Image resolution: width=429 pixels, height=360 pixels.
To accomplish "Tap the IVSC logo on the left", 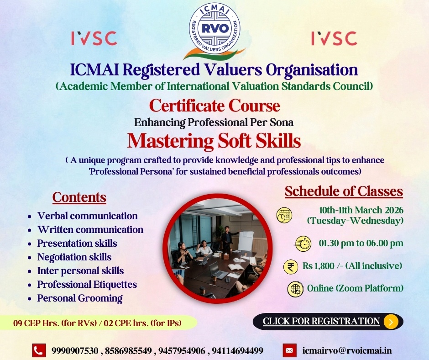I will click(x=94, y=38).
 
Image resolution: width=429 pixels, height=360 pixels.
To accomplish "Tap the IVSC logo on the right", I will click(x=334, y=38).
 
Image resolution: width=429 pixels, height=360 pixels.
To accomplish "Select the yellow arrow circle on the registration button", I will click(x=391, y=322).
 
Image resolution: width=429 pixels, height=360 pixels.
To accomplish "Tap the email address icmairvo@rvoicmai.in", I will click(x=347, y=351).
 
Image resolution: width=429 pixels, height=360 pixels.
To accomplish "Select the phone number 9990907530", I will click(x=75, y=351).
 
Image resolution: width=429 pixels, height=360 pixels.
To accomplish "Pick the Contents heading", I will click(x=79, y=197).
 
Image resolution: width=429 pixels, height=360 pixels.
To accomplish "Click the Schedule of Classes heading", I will click(x=344, y=191).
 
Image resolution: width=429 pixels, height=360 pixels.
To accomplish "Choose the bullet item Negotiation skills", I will click(x=74, y=257).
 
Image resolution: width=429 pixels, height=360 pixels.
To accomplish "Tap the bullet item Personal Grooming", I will click(x=80, y=298).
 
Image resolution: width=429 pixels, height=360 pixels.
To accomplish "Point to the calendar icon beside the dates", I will click(x=284, y=215).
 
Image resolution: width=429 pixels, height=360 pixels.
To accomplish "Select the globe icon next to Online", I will click(x=296, y=289).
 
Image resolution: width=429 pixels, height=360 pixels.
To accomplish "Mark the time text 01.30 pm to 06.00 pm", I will click(x=361, y=243).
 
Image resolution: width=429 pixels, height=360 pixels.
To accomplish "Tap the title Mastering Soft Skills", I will click(x=214, y=141).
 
